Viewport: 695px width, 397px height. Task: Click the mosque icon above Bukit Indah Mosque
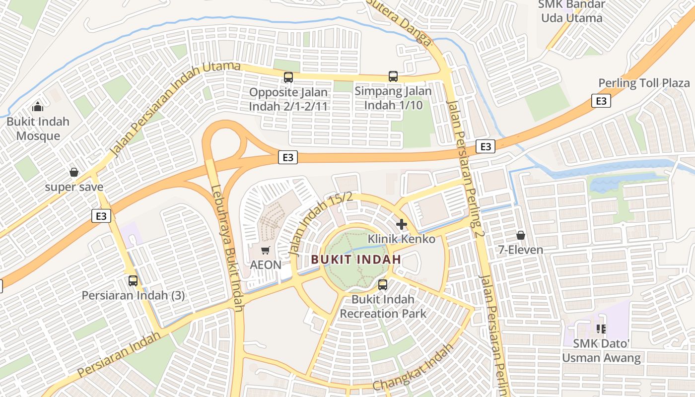coord(37,107)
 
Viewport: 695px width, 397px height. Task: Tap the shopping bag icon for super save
coord(74,172)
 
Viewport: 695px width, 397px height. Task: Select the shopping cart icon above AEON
coord(266,250)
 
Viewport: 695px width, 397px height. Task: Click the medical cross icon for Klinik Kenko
coord(402,224)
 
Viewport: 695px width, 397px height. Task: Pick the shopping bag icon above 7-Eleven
coord(521,235)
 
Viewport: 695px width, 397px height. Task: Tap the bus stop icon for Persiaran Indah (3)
coord(133,281)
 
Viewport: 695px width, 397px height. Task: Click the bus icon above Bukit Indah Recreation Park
coord(383,285)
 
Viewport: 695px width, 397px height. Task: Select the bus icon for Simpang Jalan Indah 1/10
coord(393,76)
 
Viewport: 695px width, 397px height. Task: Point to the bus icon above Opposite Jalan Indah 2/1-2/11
coord(288,77)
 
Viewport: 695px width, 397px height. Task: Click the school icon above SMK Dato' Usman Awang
coord(601,329)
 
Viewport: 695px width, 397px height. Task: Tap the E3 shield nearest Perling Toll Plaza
coord(601,101)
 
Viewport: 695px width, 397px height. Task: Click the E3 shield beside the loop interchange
coord(288,158)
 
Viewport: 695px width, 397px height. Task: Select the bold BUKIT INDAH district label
coord(356,259)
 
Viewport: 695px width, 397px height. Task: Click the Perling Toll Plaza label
coord(644,83)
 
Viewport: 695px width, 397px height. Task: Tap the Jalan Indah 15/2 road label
coord(321,223)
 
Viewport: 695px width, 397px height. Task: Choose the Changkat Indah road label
coord(413,367)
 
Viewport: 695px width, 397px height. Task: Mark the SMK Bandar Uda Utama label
coord(571,11)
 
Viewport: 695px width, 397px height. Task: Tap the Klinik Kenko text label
coord(401,239)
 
